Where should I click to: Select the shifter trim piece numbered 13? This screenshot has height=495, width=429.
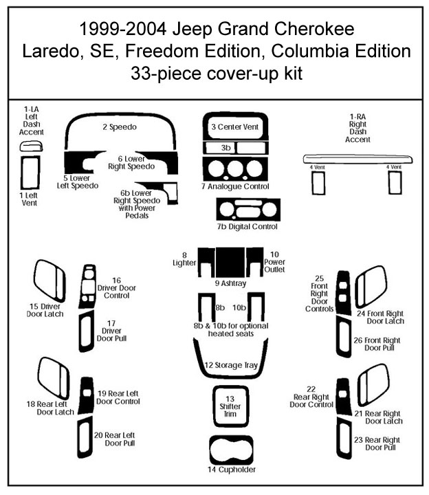click(231, 406)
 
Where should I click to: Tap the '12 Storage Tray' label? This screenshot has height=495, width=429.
click(231, 365)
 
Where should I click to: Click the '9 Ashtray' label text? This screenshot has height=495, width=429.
click(231, 283)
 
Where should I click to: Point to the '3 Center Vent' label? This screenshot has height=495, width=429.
click(234, 127)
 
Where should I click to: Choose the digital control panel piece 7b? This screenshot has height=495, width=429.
click(247, 210)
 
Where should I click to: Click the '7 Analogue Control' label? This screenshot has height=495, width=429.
click(235, 186)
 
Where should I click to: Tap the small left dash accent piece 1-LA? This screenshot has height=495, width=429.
click(30, 146)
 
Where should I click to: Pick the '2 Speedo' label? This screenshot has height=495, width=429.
click(120, 127)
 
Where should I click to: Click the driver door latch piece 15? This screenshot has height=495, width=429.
click(50, 280)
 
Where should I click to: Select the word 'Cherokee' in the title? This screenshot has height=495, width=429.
click(311, 30)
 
